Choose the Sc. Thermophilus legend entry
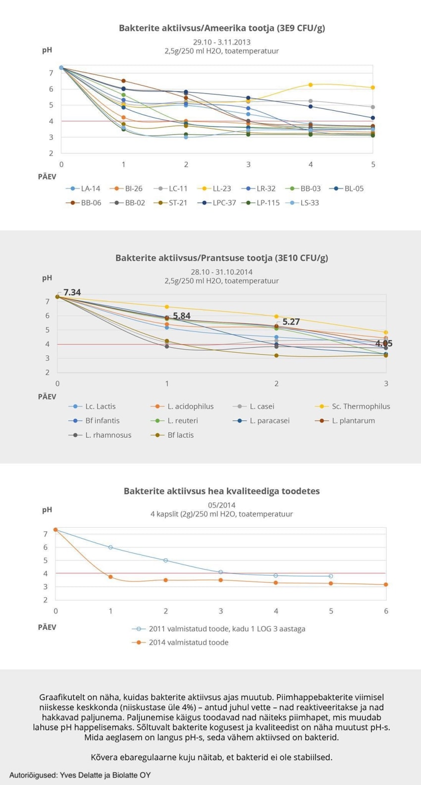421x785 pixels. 353,406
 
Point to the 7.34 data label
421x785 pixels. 72,292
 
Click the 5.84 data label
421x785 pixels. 182,316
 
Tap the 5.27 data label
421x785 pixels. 291,322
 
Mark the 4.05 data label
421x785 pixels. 384,343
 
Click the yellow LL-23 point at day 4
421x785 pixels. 311,85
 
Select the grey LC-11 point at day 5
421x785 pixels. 373,107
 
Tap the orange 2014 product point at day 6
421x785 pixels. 386,585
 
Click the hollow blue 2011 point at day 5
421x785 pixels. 331,576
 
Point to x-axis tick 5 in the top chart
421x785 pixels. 373,164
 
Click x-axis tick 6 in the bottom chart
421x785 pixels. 386,611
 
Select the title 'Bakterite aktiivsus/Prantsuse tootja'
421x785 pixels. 221,258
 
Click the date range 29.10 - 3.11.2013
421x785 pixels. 221,42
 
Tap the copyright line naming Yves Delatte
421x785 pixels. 80,775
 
